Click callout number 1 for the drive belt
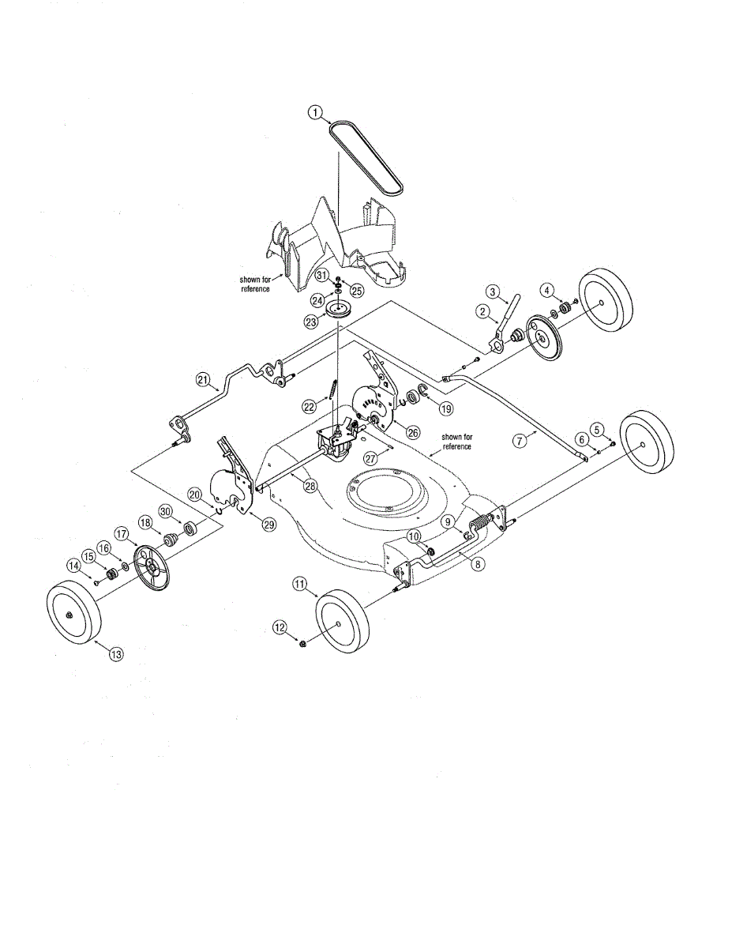pyautogui.click(x=316, y=113)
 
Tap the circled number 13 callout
pyautogui.click(x=116, y=653)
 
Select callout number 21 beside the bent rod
pyautogui.click(x=203, y=380)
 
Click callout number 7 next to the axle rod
pyautogui.click(x=520, y=441)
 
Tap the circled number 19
pyautogui.click(x=446, y=409)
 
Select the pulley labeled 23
pyautogui.click(x=341, y=310)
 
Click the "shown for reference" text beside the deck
pyautogui.click(x=456, y=442)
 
